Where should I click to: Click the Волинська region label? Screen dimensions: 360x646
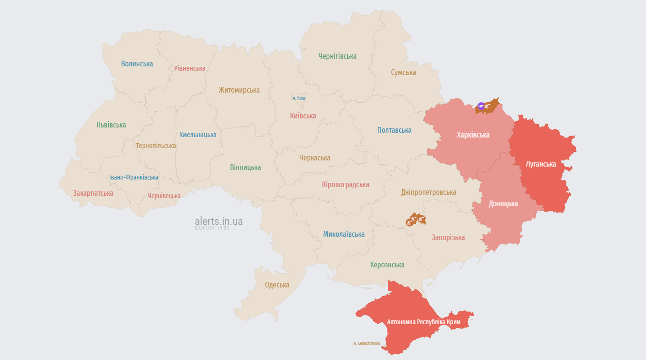coord(137,64)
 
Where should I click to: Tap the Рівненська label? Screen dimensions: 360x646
coord(189,68)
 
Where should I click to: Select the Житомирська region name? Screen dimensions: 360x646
coord(239,90)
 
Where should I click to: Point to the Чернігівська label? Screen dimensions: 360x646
coord(337,56)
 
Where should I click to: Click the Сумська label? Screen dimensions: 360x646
coord(403,73)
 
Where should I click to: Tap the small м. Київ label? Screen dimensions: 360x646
coord(299,98)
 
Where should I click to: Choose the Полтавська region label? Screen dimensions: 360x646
coord(394,130)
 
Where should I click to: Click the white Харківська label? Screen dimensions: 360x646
coord(473,135)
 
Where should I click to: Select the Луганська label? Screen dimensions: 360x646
coord(541,164)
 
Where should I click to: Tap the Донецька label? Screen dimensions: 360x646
coord(503,203)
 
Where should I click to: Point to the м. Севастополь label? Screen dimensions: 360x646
coord(366,343)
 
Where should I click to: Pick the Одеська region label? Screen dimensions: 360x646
coord(277,285)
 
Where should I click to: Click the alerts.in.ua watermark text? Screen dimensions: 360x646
coord(219,222)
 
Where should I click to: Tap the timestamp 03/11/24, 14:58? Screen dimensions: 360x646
coord(211,229)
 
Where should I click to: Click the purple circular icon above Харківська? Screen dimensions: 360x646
coord(481,106)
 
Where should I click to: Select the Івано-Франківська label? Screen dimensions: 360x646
coord(134,177)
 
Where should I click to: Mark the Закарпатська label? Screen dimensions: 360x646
coord(93,193)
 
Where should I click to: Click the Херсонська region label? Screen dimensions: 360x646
coord(387,265)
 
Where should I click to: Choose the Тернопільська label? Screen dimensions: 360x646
coord(156,146)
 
